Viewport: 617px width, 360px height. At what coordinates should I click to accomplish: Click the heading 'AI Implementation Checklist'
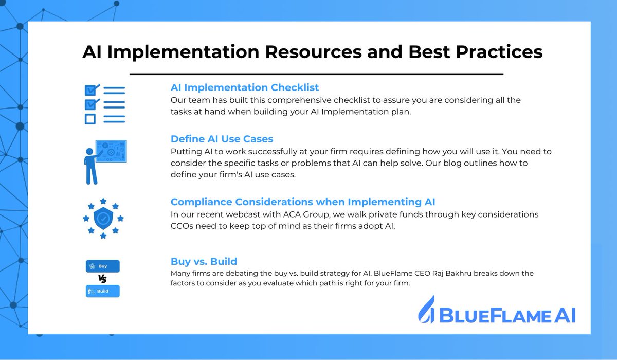click(x=245, y=88)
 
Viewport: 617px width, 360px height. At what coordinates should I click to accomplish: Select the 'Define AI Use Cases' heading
click(x=222, y=139)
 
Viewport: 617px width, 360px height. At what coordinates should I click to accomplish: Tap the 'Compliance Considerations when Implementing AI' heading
click(x=303, y=202)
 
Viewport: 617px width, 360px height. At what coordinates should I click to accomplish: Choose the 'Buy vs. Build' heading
click(x=204, y=261)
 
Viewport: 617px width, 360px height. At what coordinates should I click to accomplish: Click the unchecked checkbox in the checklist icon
click(x=90, y=119)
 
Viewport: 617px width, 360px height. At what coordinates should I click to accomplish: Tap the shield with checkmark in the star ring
click(x=103, y=218)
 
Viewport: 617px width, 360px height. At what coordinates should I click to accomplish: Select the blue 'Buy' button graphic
click(x=102, y=266)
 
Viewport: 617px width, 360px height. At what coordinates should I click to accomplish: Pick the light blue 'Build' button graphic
click(x=102, y=291)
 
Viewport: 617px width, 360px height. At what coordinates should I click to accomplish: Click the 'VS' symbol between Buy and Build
click(x=102, y=279)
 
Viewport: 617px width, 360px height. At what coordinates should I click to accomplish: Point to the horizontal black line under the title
click(x=316, y=74)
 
